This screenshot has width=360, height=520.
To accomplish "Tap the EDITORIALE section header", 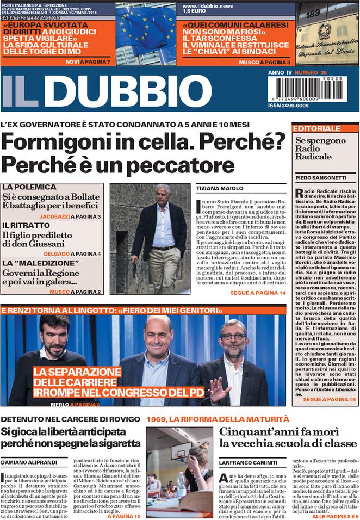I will click(316, 128).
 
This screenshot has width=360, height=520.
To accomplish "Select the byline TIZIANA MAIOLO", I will click(213, 188).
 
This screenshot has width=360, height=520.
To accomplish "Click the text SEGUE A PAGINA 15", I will click(329, 399).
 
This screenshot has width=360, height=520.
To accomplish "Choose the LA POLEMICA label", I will click(29, 187).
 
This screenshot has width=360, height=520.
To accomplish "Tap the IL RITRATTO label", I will click(26, 225).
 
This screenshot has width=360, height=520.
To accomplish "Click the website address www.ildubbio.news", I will click(208, 5).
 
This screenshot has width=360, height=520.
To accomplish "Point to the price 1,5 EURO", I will click(194, 11).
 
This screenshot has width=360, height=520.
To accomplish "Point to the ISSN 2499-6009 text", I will click(288, 106).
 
